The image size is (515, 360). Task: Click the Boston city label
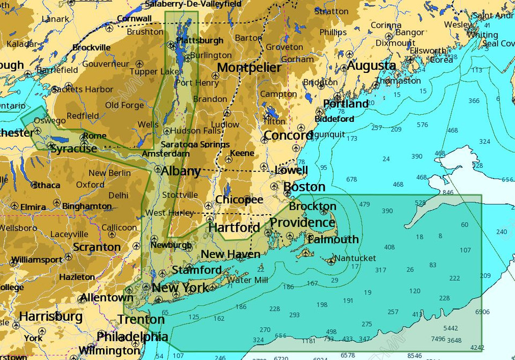point(304,187)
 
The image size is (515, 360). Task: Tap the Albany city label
point(181,172)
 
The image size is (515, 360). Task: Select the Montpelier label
point(249,68)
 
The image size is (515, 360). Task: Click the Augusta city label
point(372,65)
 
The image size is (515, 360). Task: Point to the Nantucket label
point(356,258)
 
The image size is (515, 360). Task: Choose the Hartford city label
point(234,227)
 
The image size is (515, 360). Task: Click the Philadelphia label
point(132,337)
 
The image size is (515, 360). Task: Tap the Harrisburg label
point(51,317)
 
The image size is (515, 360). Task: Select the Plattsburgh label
point(200,40)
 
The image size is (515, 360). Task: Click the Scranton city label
point(97,247)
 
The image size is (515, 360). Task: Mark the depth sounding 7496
point(438,339)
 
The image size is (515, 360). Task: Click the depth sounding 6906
point(482,312)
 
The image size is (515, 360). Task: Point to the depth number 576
point(422,124)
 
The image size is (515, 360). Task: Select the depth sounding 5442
point(451,328)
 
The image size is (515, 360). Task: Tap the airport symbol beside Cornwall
point(110,27)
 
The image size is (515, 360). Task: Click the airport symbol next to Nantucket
point(332,260)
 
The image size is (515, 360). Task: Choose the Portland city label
point(345,104)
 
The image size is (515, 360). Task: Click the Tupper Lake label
point(154,71)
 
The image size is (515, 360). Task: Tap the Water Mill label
point(247,280)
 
